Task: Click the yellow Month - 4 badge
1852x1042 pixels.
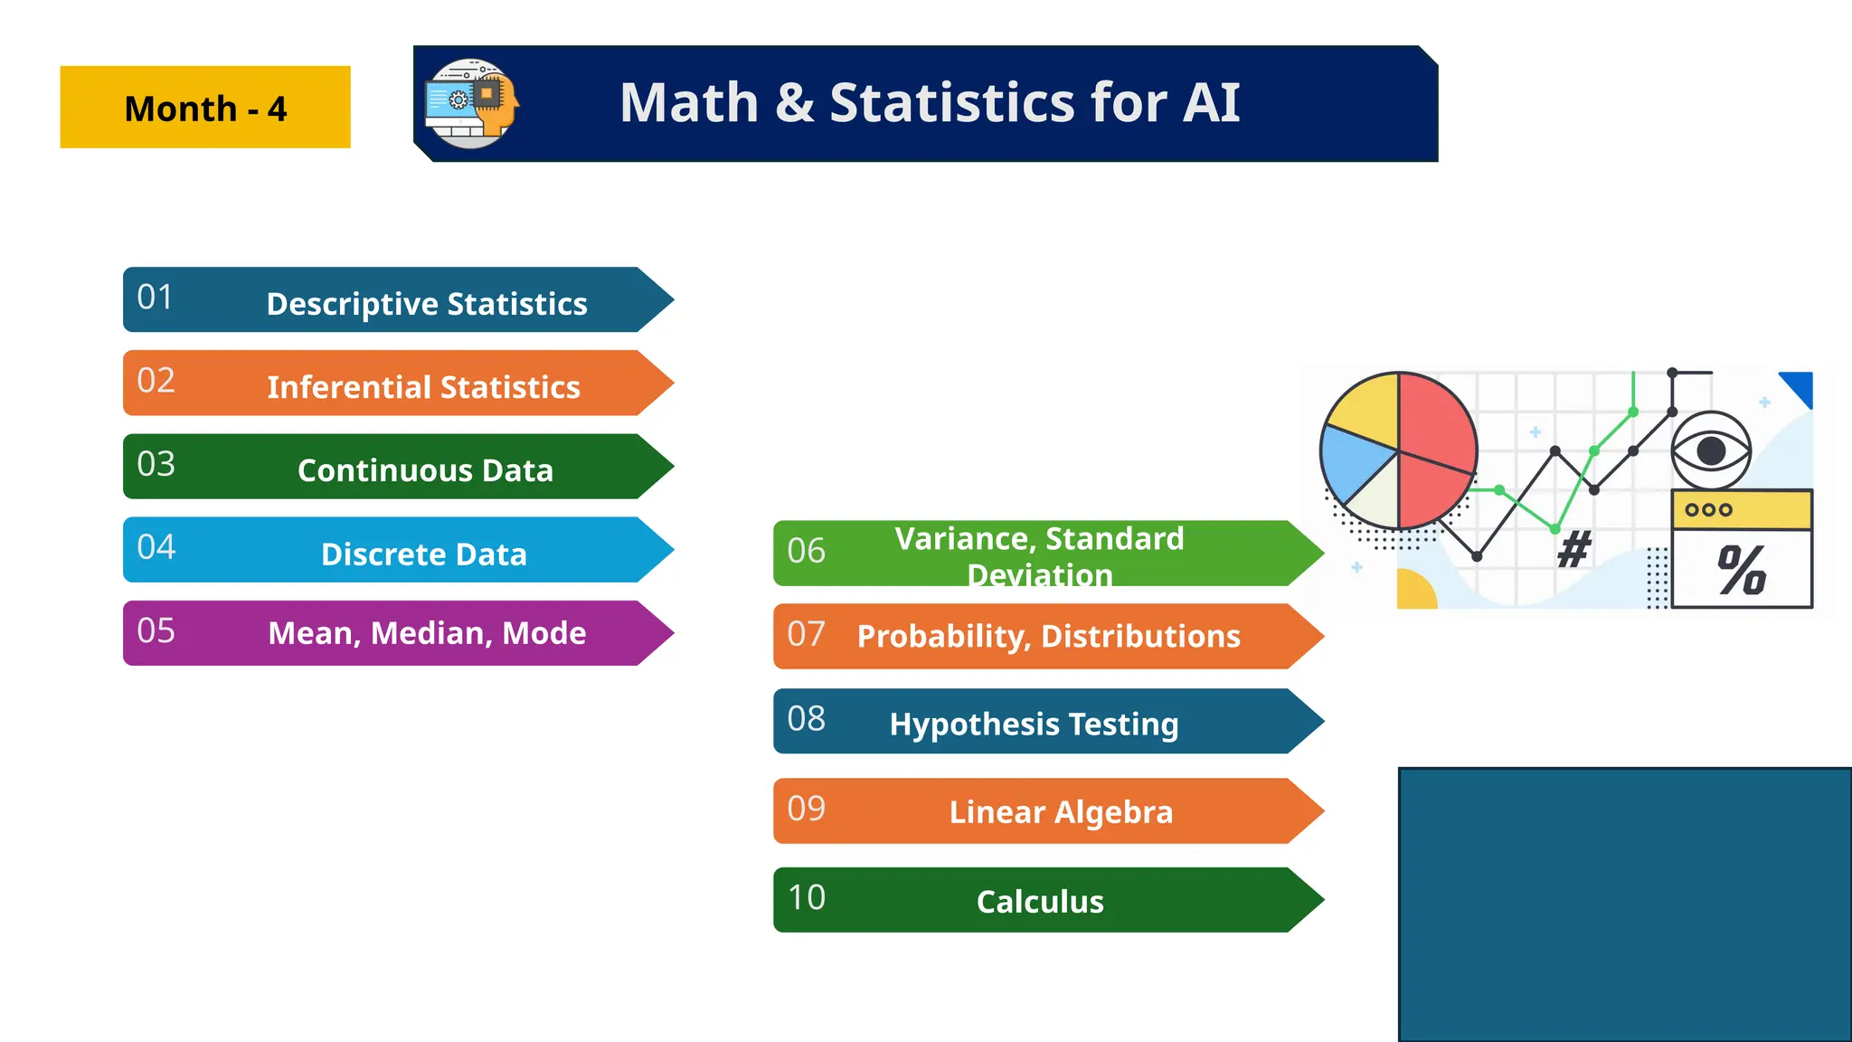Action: pos(205,108)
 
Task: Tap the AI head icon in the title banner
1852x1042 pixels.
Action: pos(472,103)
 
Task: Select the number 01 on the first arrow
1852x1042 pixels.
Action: pos(155,298)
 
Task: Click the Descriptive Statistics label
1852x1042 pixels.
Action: pos(427,304)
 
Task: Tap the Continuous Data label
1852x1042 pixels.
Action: pos(425,470)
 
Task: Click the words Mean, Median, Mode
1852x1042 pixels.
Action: pos(427,633)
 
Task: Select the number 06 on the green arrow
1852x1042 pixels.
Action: pos(806,551)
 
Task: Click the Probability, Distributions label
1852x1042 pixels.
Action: pos(1048,637)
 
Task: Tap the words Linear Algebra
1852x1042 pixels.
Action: pos(1061,812)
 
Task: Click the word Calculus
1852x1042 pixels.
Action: pos(1040,902)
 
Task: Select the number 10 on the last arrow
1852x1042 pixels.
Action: pos(806,898)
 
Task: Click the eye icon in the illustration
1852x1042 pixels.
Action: pos(1710,450)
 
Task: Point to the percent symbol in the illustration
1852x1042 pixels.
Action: pos(1741,571)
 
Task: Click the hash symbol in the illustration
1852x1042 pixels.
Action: pos(1574,549)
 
